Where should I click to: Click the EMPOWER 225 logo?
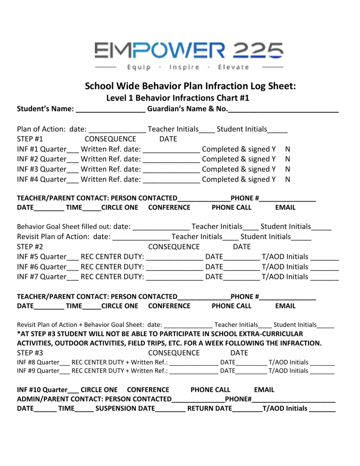188,50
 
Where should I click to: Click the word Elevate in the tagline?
233,67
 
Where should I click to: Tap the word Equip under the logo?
138,67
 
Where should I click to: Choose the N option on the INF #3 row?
288,169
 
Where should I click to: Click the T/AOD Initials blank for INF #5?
324,257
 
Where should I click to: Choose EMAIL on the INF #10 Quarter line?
264,390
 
